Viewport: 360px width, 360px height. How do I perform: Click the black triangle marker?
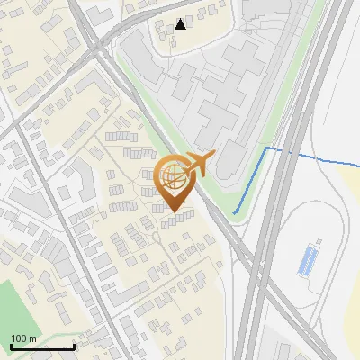182,23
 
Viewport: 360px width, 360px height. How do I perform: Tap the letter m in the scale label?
31,337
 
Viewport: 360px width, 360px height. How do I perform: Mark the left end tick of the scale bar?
11,346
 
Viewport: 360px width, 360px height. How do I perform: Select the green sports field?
11,310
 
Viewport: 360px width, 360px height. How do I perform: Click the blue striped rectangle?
309,260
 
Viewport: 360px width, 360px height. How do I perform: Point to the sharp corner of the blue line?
267,147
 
